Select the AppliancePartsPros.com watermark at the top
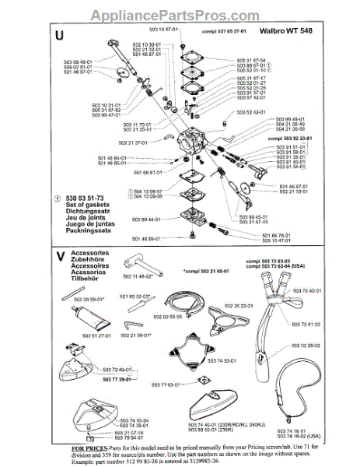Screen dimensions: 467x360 tap(180, 15)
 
